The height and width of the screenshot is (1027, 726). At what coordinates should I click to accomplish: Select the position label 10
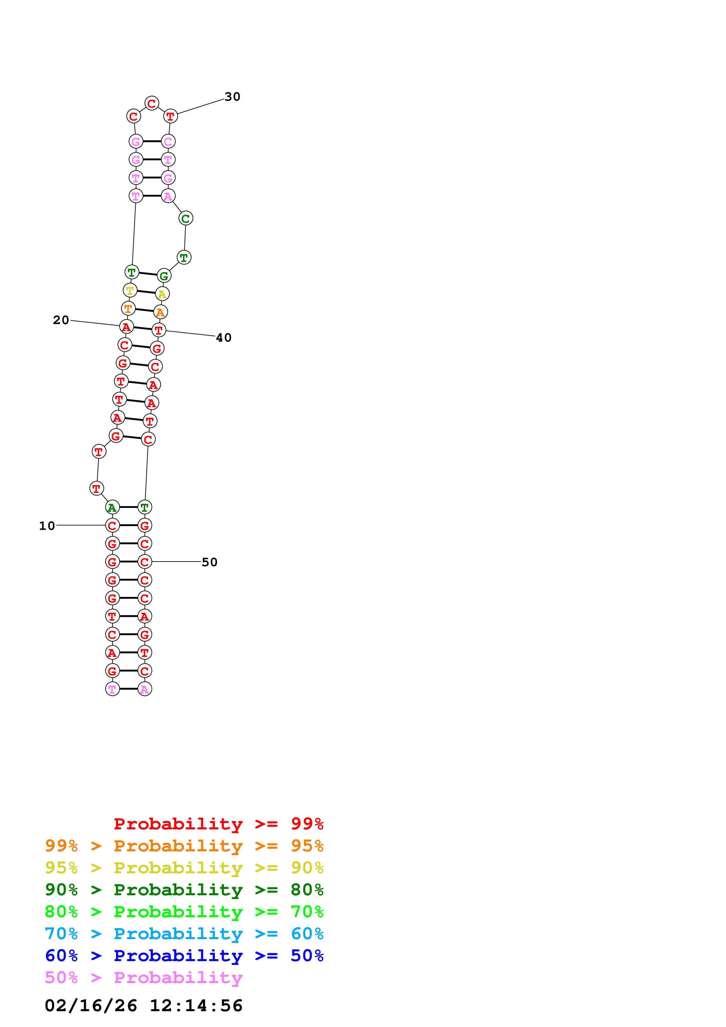pos(47,526)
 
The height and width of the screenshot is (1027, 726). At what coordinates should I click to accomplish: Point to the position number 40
pos(224,338)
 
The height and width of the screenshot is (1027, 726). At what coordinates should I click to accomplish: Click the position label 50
pos(209,562)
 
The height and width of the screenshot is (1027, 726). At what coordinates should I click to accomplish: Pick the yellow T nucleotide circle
pos(130,290)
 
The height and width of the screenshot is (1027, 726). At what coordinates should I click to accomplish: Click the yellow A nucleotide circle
pos(162,294)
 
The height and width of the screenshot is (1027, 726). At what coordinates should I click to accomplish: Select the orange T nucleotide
pos(128,308)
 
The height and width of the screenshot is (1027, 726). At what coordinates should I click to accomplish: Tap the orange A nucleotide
pos(160,312)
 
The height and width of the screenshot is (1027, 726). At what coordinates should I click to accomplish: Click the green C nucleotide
pos(186,218)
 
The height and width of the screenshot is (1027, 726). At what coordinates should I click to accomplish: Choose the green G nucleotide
pos(164,276)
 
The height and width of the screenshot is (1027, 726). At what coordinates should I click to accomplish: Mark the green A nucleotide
pos(112,507)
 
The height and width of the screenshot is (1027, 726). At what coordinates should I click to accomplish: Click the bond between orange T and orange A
pos(144,310)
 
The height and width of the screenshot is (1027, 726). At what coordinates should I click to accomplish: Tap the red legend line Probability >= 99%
pos(218,824)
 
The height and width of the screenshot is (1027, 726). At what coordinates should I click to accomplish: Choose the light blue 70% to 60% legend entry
pos(184,934)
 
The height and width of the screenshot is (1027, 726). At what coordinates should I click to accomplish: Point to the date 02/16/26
pos(91,1006)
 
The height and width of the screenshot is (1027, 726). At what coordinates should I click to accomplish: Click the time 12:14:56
pos(196,1006)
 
